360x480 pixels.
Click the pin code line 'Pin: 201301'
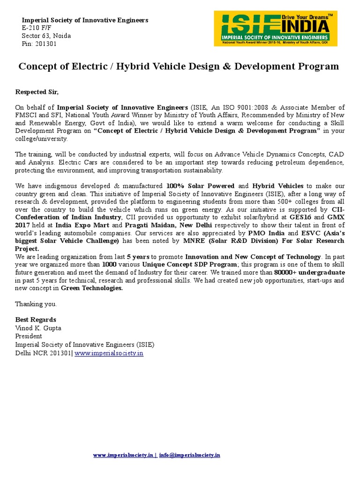click(39, 44)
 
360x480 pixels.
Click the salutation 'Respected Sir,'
click(37, 91)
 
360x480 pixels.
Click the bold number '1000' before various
click(110, 264)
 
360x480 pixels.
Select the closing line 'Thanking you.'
click(36, 304)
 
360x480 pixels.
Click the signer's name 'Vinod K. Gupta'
click(38, 328)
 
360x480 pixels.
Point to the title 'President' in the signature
click(29, 336)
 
